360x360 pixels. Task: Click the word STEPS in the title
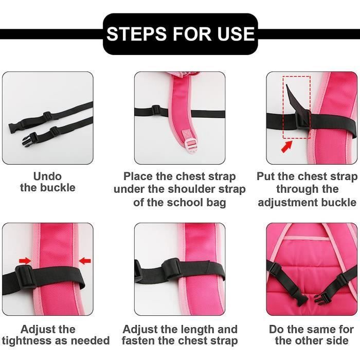pos(136,34)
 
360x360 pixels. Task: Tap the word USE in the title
pos(236,34)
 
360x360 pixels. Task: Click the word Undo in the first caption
pos(47,176)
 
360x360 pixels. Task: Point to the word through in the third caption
pos(295,189)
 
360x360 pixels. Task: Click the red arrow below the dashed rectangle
pos(287,146)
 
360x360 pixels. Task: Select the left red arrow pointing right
pos(25,261)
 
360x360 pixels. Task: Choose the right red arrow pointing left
pos(85,261)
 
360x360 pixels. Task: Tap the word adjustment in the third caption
pos(288,203)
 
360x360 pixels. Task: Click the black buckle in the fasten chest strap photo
pos(171,269)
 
